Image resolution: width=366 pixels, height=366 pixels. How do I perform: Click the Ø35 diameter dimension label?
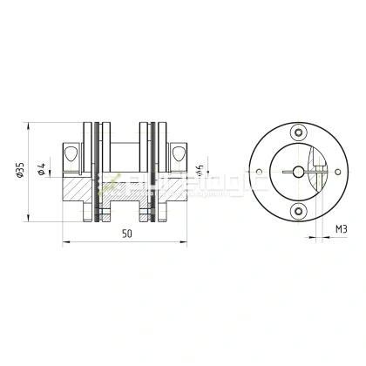22,170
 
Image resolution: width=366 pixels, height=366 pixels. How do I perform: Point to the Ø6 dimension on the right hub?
201,171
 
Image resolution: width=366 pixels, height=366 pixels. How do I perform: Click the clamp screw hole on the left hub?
74,152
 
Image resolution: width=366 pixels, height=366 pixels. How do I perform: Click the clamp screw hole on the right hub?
180,152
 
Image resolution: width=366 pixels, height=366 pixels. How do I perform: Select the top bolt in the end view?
300,132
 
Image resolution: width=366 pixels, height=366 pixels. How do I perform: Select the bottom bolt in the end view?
300,210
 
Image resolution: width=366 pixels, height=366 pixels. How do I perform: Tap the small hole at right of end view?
338,172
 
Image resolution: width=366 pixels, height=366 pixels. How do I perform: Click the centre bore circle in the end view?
300,172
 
